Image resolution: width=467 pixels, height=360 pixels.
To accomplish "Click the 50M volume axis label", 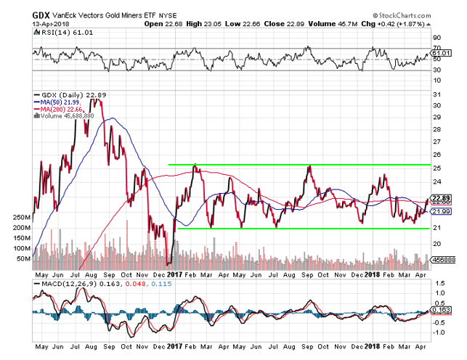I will click(23, 258).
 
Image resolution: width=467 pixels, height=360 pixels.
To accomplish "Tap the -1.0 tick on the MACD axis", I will click(439, 333).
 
